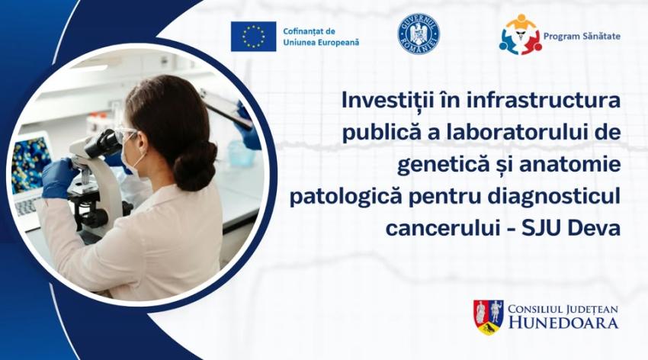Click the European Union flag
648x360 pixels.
(253, 37)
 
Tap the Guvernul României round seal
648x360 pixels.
(419, 34)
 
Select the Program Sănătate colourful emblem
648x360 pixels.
(520, 35)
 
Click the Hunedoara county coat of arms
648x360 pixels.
(488, 317)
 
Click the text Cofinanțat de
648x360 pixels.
(309, 31)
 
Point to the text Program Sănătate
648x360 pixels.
(582, 37)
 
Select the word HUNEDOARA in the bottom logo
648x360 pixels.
(563, 323)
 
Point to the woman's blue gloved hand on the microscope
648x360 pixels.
(58, 177)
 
